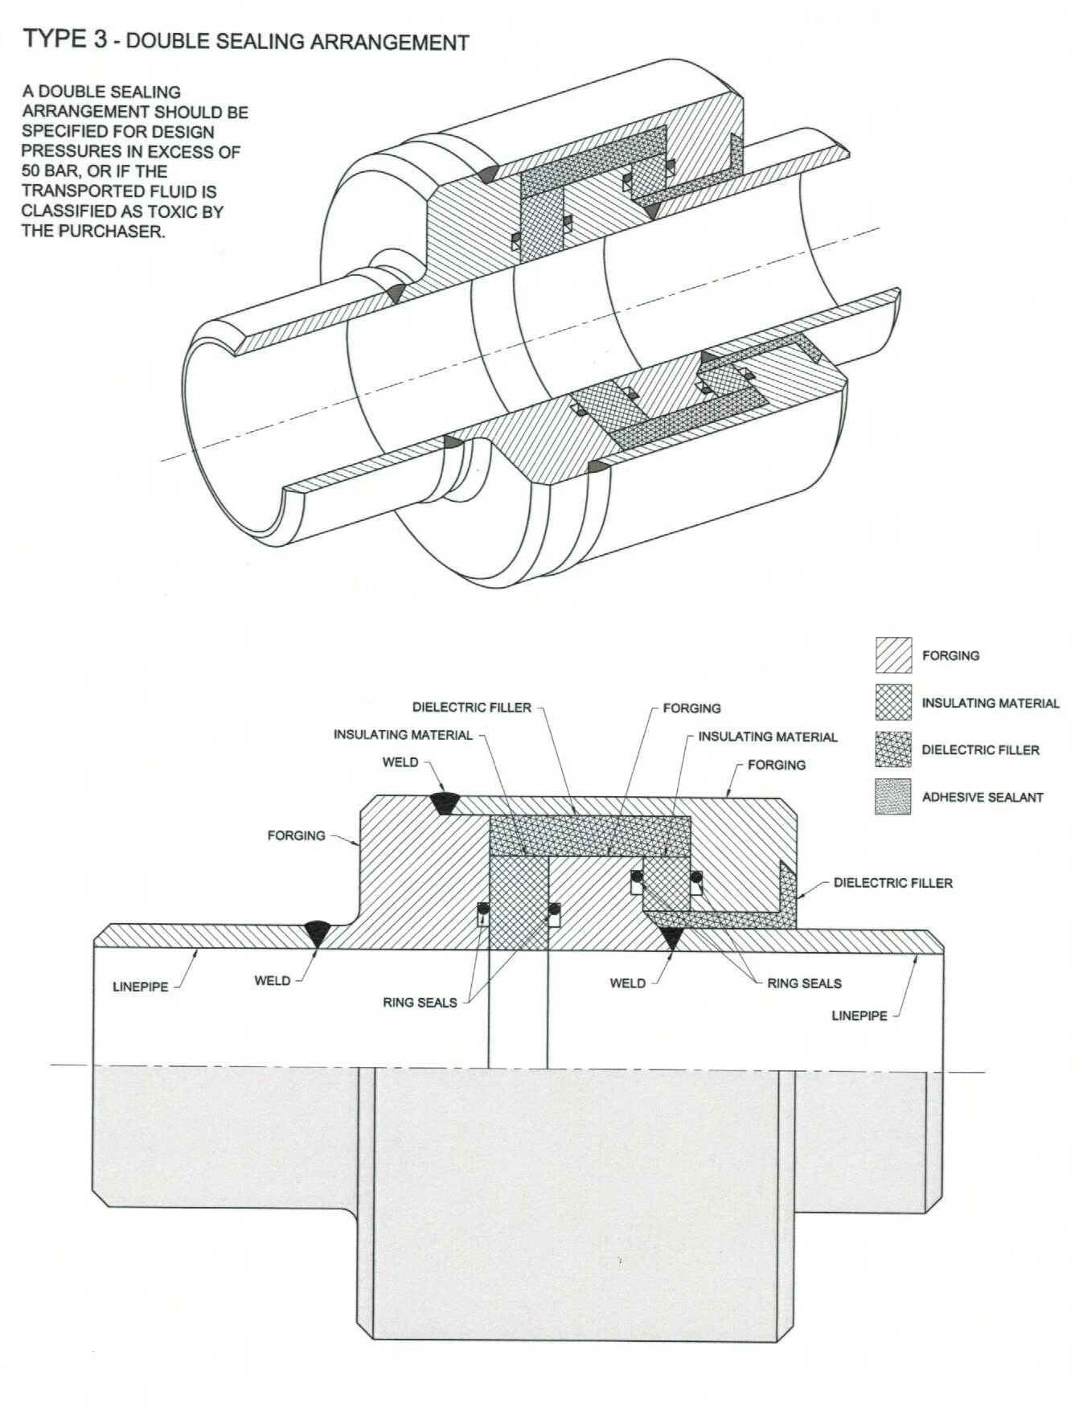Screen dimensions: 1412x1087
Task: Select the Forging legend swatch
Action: pos(893,655)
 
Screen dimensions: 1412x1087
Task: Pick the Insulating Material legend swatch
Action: pos(893,702)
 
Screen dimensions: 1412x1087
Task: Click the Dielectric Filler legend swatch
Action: pos(893,749)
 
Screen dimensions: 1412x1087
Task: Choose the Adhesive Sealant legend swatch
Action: pos(893,797)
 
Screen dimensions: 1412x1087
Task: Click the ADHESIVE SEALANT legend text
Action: pos(982,798)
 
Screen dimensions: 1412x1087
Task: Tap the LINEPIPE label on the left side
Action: pos(141,987)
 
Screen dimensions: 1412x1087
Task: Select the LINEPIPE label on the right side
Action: pos(859,1016)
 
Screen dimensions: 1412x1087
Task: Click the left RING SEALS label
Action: pos(420,1003)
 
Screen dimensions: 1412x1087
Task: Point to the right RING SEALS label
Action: pos(804,983)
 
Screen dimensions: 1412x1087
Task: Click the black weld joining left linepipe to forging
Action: pos(317,934)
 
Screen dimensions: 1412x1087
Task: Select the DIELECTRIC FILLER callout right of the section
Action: pos(892,883)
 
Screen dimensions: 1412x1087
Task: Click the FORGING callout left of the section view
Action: pos(297,835)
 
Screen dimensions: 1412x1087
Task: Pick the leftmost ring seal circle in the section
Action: pos(482,909)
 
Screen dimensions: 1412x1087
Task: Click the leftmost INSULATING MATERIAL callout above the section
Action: pos(403,735)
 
